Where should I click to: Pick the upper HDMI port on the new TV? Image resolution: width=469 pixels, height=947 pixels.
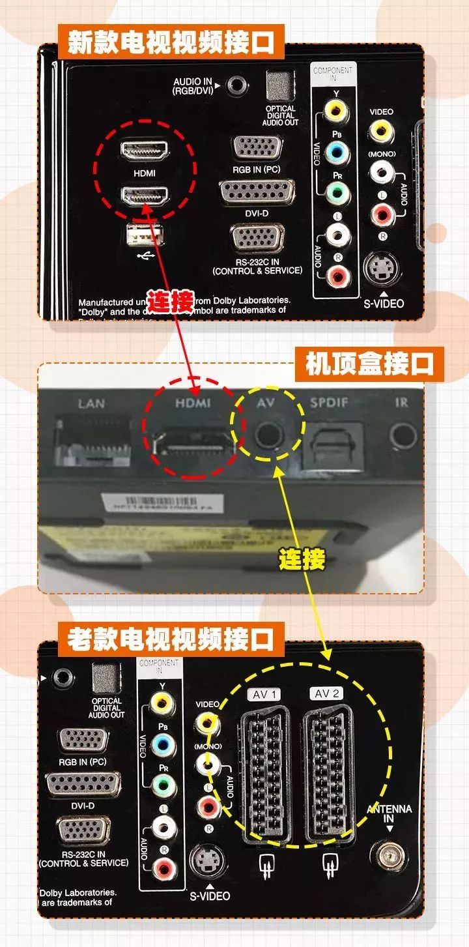(x=144, y=150)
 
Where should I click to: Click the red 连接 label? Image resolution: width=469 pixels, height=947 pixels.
(x=170, y=301)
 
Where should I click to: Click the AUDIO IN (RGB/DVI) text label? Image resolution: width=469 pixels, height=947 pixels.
(x=193, y=87)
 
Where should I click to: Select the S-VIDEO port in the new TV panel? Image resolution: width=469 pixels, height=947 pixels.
(x=384, y=267)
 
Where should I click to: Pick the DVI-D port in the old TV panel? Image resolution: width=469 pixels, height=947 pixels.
(x=83, y=785)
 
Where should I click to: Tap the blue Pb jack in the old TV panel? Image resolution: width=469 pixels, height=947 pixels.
(x=162, y=743)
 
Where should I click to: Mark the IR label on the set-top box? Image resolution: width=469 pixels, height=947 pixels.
(x=401, y=403)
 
